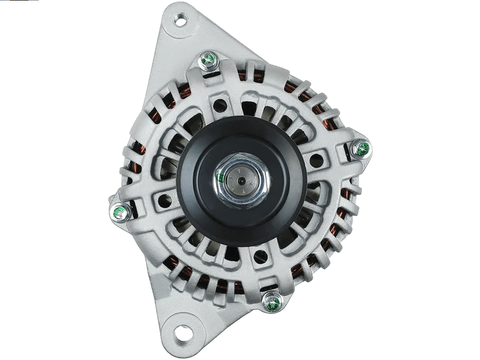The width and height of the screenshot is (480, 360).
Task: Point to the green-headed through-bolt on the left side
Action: coord(118,211)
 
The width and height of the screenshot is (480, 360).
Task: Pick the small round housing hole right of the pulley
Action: coord(314,161)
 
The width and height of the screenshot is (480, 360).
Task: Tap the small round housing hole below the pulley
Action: coord(260,256)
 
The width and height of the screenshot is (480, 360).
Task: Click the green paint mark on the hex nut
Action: coord(221,178)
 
